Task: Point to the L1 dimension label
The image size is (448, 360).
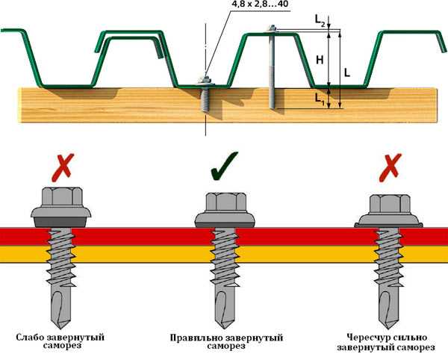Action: (320, 97)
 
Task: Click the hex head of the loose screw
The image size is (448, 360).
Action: (60, 199)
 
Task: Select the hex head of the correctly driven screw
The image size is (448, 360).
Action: (225, 204)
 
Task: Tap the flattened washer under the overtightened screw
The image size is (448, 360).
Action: (389, 223)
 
